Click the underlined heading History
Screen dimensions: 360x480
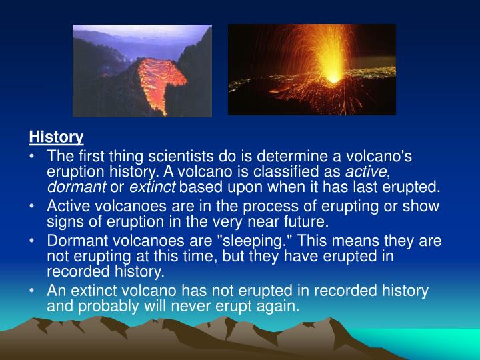pos(56,137)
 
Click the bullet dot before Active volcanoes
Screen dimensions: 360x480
pos(33,207)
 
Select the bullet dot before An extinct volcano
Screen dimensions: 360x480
pos(33,291)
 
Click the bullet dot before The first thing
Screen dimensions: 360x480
pos(33,156)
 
